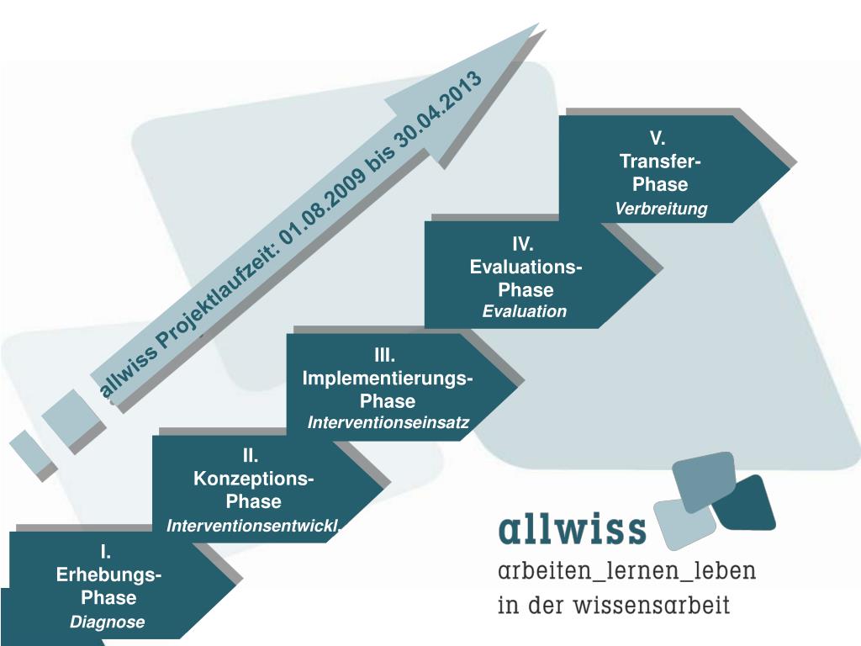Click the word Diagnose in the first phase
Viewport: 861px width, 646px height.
click(x=108, y=622)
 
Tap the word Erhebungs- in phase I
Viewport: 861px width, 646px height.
click(x=109, y=575)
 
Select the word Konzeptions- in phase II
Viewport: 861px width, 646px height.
click(x=254, y=479)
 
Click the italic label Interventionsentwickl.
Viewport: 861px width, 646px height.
click(x=253, y=527)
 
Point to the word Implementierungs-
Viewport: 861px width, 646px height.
click(x=388, y=379)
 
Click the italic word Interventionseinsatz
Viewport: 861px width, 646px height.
click(x=388, y=421)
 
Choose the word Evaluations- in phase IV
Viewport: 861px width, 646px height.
click(x=526, y=267)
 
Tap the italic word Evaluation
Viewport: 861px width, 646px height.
click(x=525, y=312)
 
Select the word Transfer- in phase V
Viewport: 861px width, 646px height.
click(x=661, y=161)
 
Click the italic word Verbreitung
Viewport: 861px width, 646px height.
click(x=661, y=209)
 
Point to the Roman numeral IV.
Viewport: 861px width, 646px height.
click(x=524, y=245)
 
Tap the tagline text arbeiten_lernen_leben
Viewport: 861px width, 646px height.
click(x=626, y=572)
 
